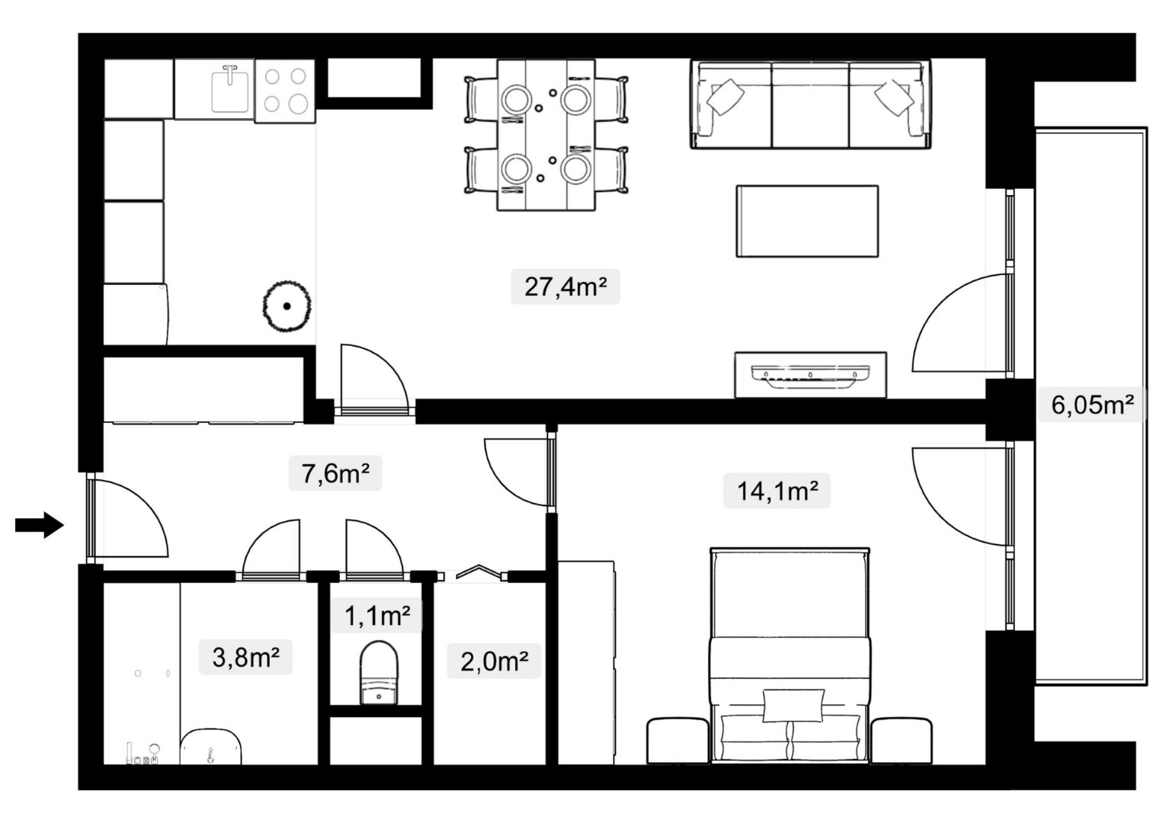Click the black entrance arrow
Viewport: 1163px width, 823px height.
pos(40,525)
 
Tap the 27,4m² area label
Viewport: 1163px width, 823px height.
pos(565,287)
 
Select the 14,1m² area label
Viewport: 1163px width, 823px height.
pos(777,491)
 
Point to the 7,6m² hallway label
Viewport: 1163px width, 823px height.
pos(335,473)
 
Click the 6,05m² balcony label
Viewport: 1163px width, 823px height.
pos(1092,404)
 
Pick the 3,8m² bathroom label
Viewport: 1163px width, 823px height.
pos(245,657)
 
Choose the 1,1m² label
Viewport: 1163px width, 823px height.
pos(377,616)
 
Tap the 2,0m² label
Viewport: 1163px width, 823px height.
pos(495,661)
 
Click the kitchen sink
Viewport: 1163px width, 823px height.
pos(230,89)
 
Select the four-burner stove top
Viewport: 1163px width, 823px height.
pos(285,91)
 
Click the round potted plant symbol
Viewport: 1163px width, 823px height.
pos(287,306)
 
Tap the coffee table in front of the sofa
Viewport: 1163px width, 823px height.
pos(807,221)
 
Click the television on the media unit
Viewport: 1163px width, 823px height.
pos(810,375)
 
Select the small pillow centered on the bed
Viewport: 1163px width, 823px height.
pos(793,706)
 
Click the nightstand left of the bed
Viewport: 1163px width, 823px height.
pos(678,741)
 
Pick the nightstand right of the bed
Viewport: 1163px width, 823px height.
pos(902,741)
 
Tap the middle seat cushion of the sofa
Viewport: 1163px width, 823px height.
pos(810,105)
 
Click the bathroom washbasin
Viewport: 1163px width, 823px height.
pos(211,746)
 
